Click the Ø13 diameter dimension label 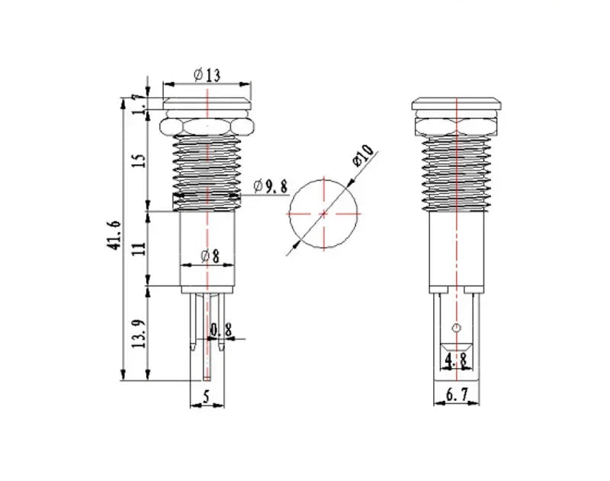click(207, 75)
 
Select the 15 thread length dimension click(140, 160)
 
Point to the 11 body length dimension click(139, 248)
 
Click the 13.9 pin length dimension click(139, 334)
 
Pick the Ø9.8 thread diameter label click(271, 186)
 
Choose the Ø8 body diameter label click(210, 256)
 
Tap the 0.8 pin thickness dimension click(221, 331)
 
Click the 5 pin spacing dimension click(206, 396)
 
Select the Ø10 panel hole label click(363, 156)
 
